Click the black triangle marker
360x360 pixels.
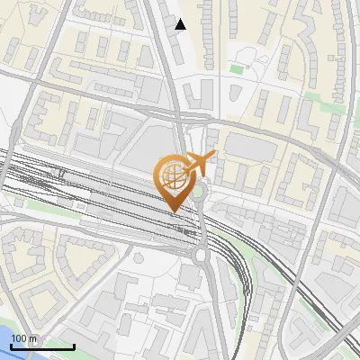point(180,24)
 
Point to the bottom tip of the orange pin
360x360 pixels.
point(173,211)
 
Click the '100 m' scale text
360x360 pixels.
point(24,338)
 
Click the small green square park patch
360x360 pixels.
point(237,68)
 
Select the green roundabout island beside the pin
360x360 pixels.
point(199,190)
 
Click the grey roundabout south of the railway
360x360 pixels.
point(200,257)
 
